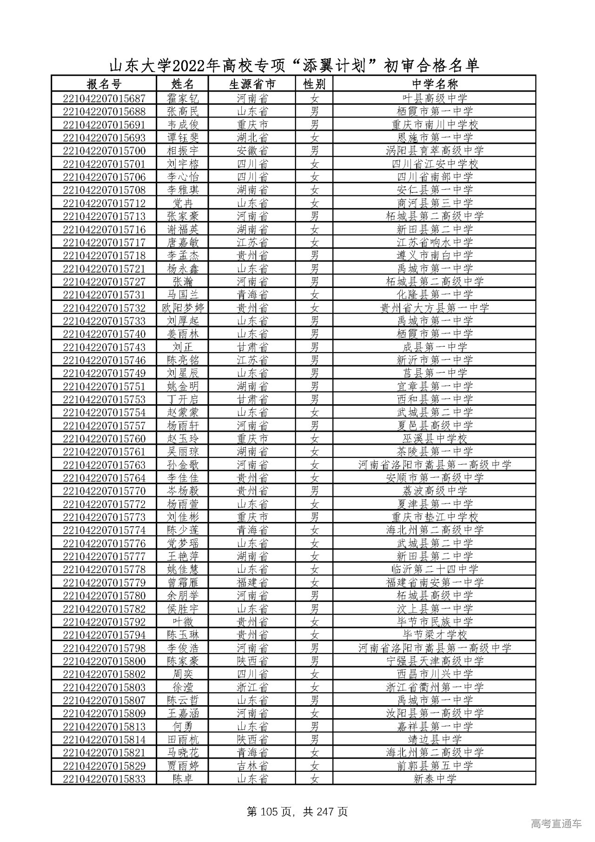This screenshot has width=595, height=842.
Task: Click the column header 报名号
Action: pos(104,84)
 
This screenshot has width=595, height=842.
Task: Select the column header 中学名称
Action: pos(434,84)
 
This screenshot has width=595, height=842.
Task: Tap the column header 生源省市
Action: pos(252,84)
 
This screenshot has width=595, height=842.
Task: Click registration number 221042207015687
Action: pos(104,98)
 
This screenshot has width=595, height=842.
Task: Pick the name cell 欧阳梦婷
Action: pos(182,308)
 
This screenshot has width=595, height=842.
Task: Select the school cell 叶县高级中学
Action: pos(434,98)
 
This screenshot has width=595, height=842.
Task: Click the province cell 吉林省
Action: pos(252,766)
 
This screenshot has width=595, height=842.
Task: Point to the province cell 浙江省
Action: pos(252,687)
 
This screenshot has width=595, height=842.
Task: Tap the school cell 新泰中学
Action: pos(434,779)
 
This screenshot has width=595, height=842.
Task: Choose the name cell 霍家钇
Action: pos(182,98)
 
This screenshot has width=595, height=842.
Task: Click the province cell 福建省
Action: pos(252,582)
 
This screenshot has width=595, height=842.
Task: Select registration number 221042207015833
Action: pos(104,779)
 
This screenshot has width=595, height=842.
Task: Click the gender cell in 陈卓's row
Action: pos(315,779)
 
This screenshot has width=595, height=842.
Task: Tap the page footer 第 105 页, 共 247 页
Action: pos(297,812)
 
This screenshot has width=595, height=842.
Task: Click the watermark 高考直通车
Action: pos(555,824)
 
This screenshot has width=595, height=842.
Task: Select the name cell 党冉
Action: pos(182,203)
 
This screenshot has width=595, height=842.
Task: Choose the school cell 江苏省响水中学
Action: pos(434,242)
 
